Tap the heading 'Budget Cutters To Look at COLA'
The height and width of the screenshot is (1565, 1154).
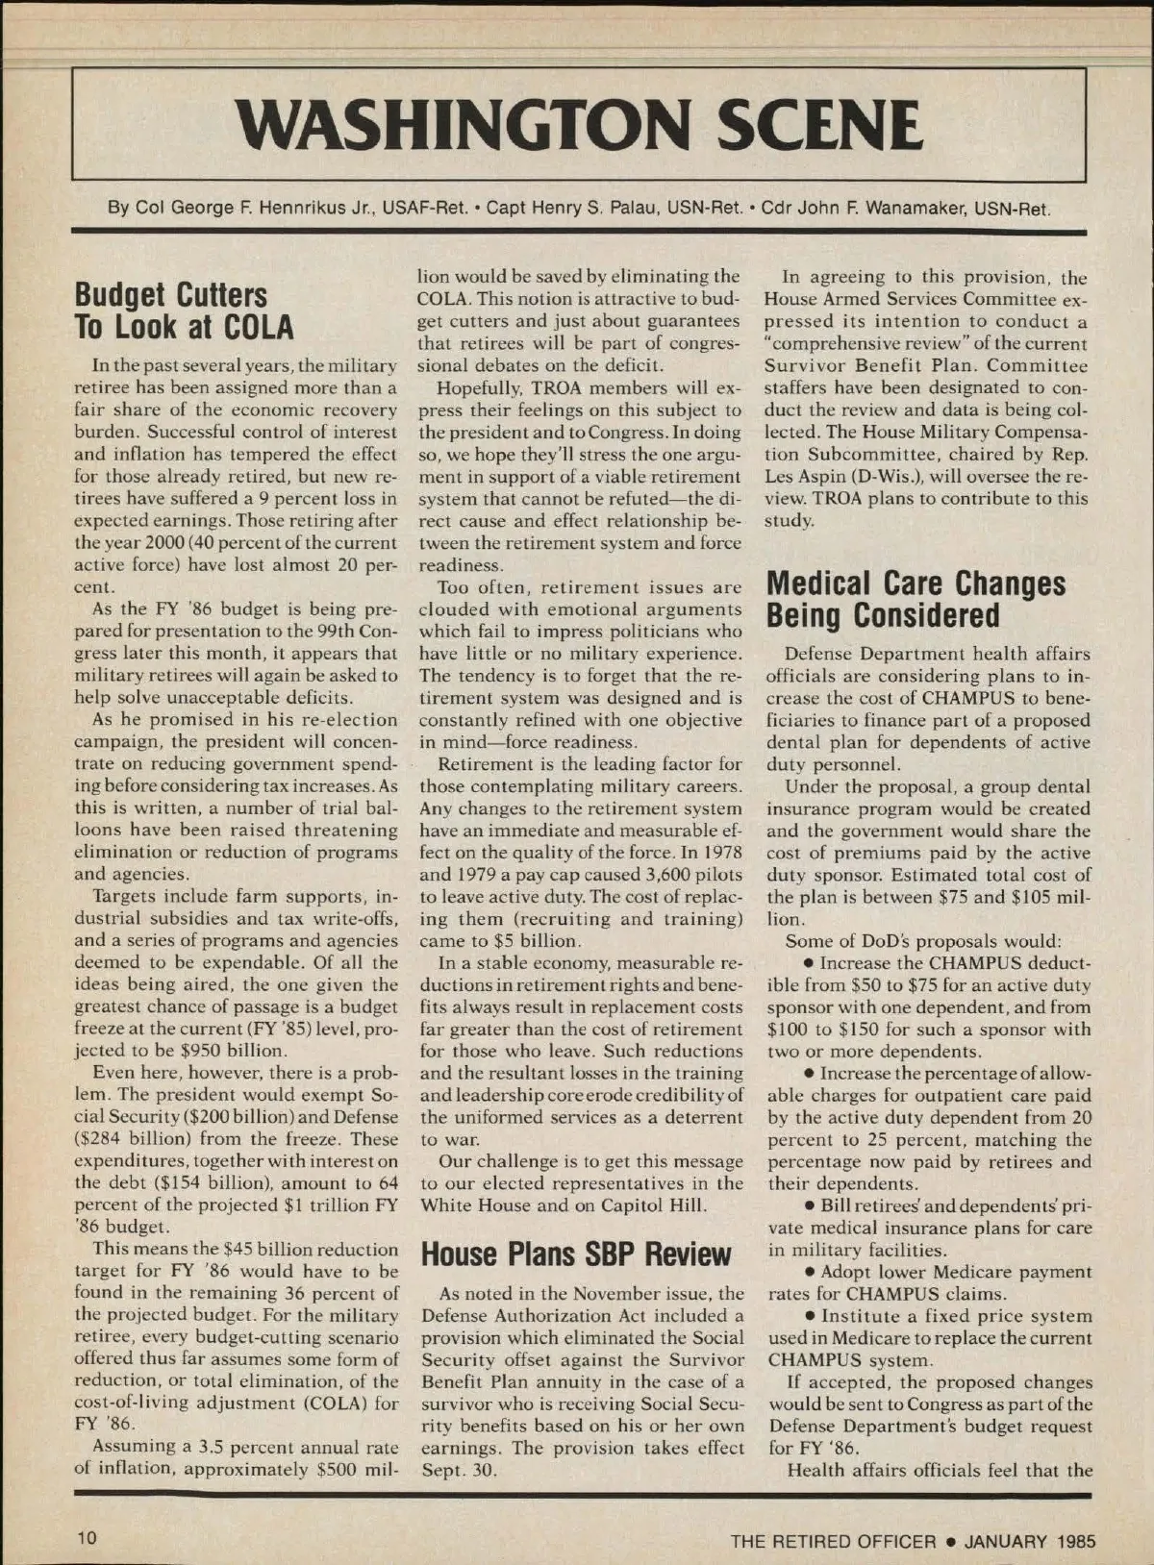click(x=185, y=311)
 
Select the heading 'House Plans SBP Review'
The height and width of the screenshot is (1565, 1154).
click(x=576, y=1254)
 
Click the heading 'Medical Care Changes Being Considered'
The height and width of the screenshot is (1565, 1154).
click(x=916, y=599)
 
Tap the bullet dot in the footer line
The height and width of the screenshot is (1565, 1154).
click(x=949, y=1541)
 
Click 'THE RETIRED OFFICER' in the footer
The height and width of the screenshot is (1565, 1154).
click(x=833, y=1541)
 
